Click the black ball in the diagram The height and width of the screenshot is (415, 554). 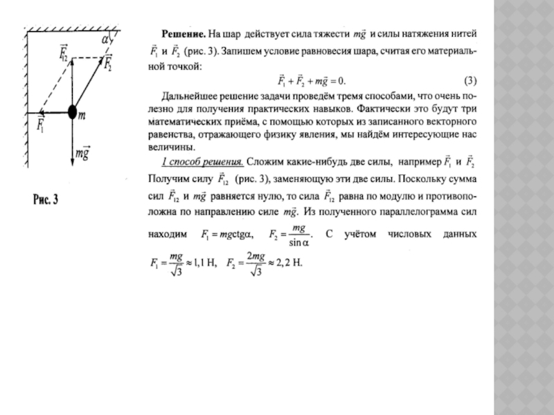[72, 111]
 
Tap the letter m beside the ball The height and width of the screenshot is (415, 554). [82, 118]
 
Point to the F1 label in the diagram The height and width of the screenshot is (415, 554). [42, 127]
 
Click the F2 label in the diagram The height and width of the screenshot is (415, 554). [109, 64]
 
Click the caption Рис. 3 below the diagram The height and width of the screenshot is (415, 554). [46, 200]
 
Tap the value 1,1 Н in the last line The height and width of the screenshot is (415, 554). [204, 263]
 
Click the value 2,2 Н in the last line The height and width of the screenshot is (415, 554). [289, 263]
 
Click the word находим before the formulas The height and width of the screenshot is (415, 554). [168, 235]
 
